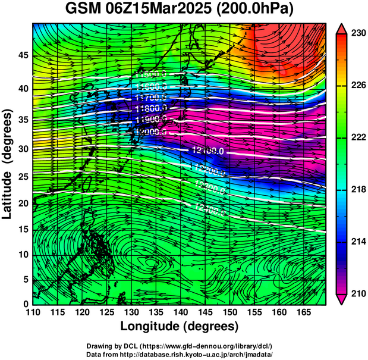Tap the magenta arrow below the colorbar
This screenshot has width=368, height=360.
click(341, 299)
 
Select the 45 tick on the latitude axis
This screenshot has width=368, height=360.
click(22, 55)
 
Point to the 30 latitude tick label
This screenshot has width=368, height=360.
click(22, 149)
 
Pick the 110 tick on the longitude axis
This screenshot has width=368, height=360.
click(33, 312)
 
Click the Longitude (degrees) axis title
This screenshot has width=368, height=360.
click(180, 326)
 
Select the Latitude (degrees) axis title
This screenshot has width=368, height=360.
click(8, 164)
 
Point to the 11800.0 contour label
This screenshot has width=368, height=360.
click(150, 108)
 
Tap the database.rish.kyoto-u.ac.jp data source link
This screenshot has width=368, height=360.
click(201, 354)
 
